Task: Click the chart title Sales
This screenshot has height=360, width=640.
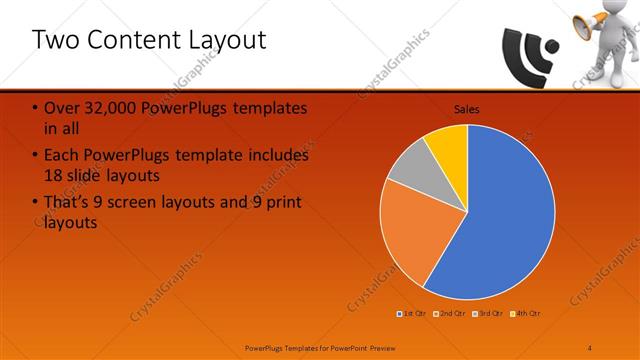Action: click(x=466, y=108)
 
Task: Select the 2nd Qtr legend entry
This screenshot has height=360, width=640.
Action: click(x=450, y=314)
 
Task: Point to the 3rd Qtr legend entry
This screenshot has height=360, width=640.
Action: click(x=488, y=314)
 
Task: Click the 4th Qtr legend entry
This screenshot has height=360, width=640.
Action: click(x=526, y=314)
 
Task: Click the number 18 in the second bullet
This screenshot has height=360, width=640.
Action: click(x=56, y=175)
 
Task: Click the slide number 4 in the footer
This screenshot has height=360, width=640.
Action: click(x=589, y=347)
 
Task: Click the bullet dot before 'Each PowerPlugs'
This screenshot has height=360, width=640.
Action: click(x=36, y=157)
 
